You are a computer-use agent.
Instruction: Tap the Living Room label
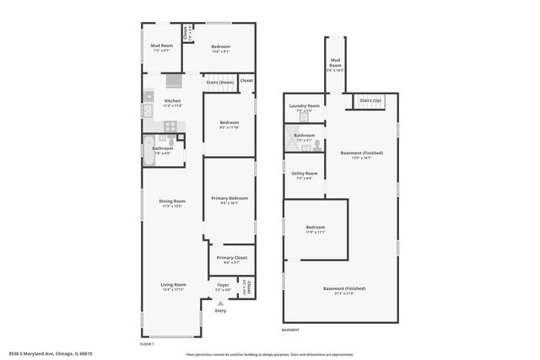(x=173, y=285)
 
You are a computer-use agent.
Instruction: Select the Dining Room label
(x=172, y=201)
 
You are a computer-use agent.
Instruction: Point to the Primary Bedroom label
(x=229, y=198)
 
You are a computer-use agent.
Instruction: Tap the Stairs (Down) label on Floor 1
(x=220, y=83)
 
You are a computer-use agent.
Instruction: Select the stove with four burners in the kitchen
(x=170, y=126)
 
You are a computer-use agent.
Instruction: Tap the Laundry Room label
(x=304, y=106)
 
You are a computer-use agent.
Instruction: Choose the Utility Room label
(x=304, y=173)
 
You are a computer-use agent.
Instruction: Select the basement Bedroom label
(x=316, y=228)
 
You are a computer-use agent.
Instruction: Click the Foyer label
(x=224, y=285)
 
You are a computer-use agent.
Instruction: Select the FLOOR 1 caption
(x=147, y=344)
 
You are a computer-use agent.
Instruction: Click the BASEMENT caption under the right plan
(x=290, y=330)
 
